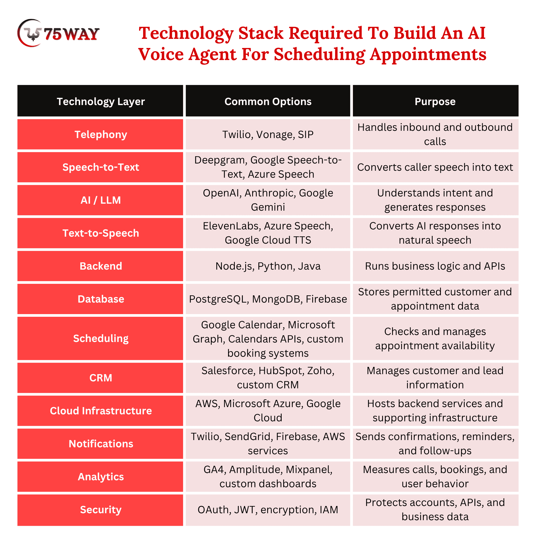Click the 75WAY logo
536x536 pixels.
(58, 33)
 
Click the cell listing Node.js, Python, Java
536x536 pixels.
(268, 266)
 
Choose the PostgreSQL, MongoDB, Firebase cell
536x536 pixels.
(268, 299)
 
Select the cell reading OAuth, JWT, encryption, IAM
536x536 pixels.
(268, 510)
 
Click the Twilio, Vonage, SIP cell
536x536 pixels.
(268, 134)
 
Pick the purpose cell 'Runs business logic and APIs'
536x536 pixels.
(435, 266)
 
